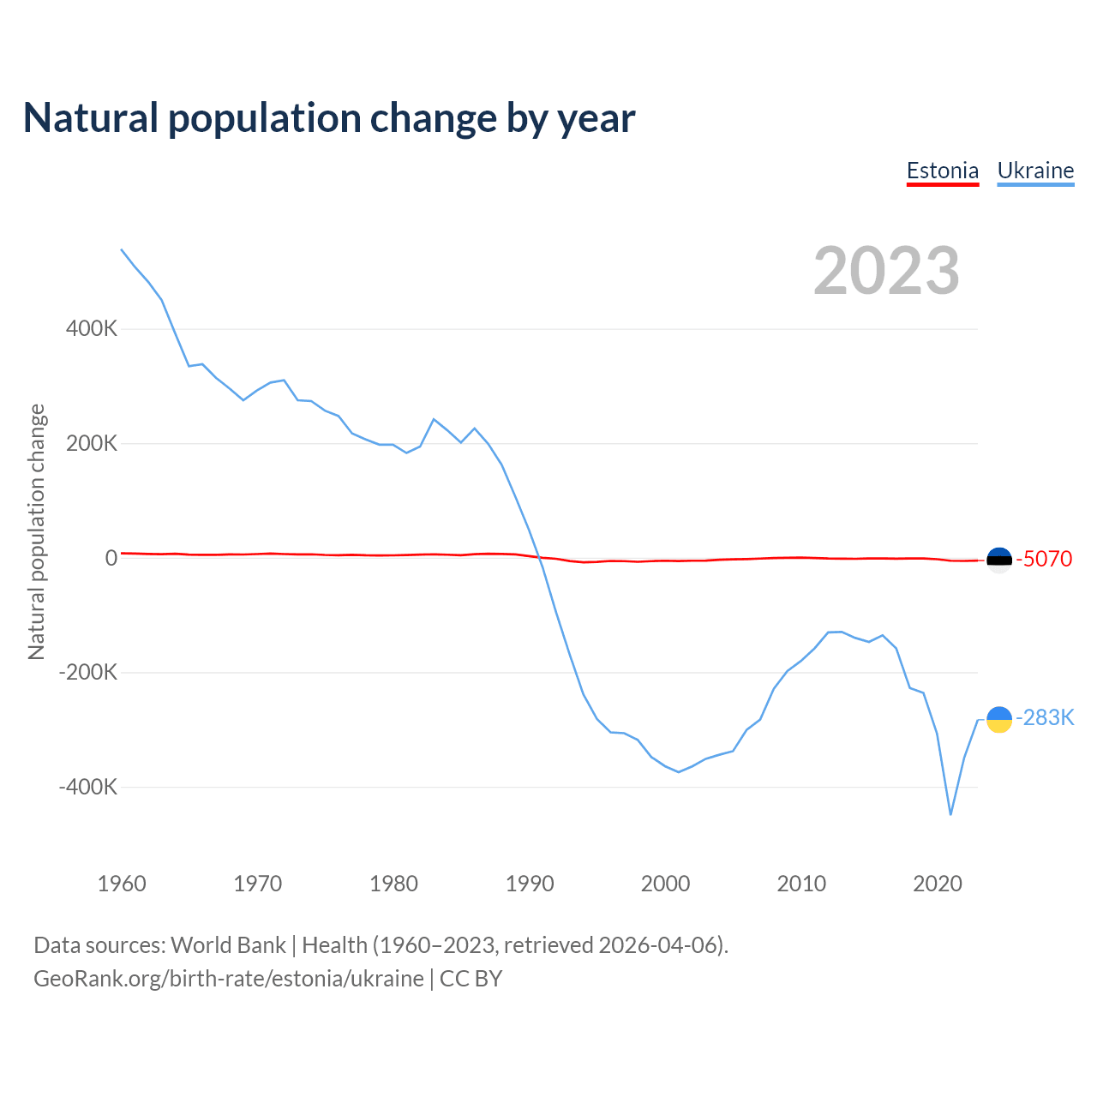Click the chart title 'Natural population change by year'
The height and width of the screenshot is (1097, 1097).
[329, 118]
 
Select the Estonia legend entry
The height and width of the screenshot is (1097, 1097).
[943, 171]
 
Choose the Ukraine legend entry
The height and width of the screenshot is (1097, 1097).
[1035, 171]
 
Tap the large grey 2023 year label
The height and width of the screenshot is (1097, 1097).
[886, 271]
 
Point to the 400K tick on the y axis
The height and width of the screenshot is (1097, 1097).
[92, 328]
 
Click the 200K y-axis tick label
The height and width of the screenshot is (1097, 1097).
[92, 443]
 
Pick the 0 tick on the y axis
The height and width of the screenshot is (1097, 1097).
[111, 558]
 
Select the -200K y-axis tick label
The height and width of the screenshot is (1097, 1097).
[88, 672]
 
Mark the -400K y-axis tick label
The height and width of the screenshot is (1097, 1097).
[88, 787]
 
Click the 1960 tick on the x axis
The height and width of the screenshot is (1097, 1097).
[122, 884]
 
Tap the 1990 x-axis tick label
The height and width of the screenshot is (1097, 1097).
[530, 884]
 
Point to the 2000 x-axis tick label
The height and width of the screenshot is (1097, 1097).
[665, 884]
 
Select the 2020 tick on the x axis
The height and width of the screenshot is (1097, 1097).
[938, 884]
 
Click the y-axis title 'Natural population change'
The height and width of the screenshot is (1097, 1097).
[37, 532]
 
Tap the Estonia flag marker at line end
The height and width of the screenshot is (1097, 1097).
[999, 560]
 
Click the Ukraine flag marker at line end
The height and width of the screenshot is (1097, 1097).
[999, 720]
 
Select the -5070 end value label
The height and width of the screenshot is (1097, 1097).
[1044, 559]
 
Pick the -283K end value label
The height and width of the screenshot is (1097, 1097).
[1045, 717]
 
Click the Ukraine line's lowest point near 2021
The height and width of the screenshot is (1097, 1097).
[950, 814]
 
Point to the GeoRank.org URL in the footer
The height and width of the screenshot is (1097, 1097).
[229, 979]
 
